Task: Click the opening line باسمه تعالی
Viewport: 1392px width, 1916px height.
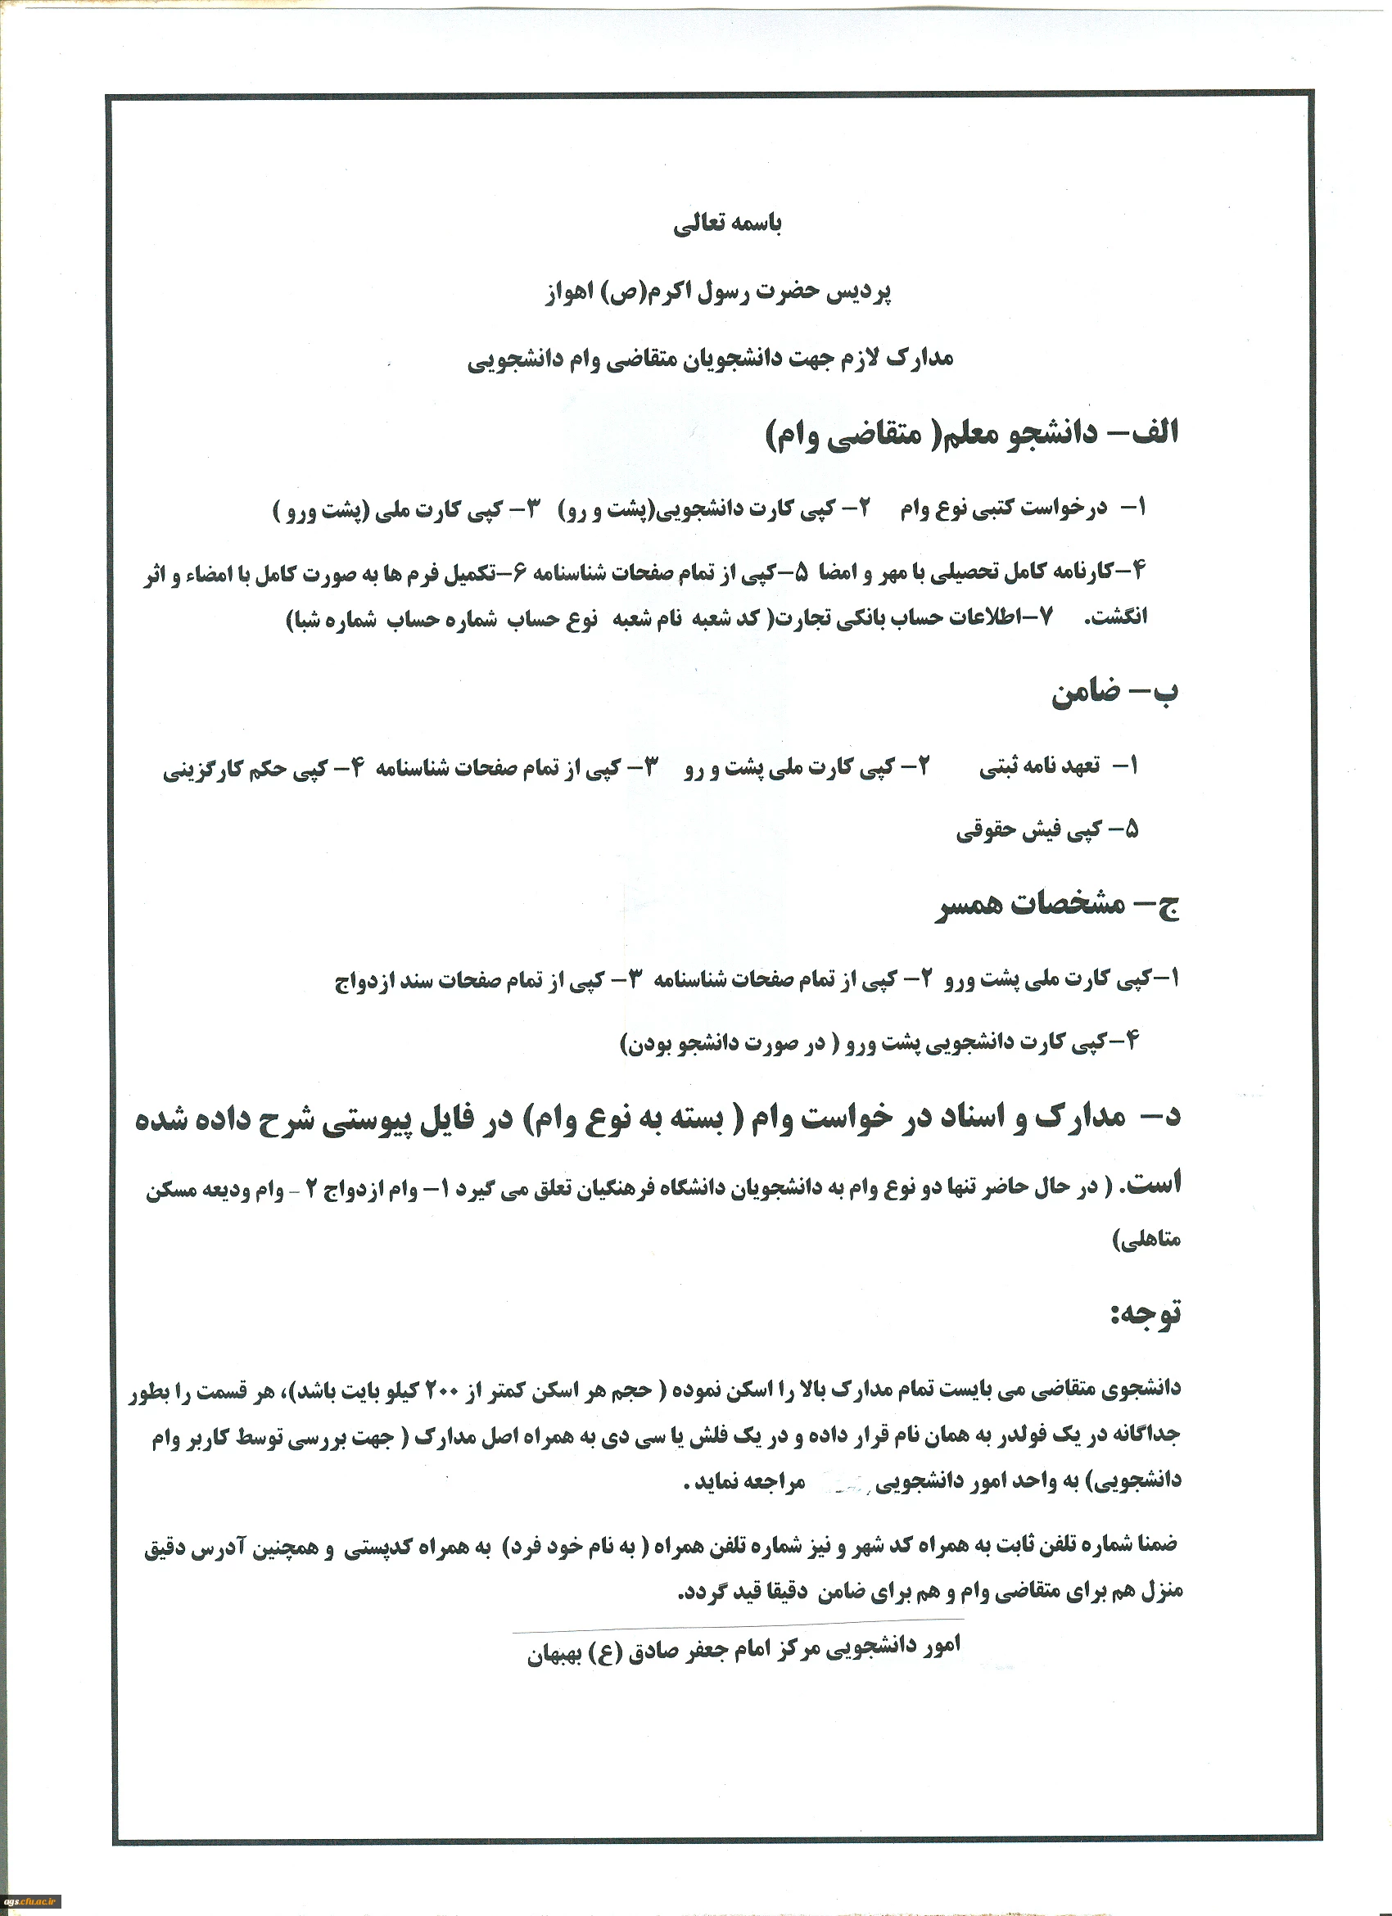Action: click(727, 224)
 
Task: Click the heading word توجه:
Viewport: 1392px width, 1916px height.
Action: click(1146, 1315)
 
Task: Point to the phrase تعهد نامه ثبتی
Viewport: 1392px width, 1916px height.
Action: click(1040, 767)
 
